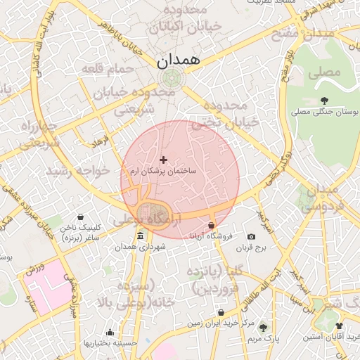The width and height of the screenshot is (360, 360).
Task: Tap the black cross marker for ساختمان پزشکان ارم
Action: [164, 161]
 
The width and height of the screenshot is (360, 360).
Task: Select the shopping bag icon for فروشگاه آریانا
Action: [211, 226]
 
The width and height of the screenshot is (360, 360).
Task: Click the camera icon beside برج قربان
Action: [252, 237]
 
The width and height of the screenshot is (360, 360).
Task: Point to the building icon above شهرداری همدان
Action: [141, 236]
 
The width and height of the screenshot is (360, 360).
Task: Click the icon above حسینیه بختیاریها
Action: [110, 333]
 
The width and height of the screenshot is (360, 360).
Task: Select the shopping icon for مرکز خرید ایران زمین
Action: [221, 312]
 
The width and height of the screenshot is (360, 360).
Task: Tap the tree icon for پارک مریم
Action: [263, 328]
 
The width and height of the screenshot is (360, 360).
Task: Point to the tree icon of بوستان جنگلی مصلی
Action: [324, 101]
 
